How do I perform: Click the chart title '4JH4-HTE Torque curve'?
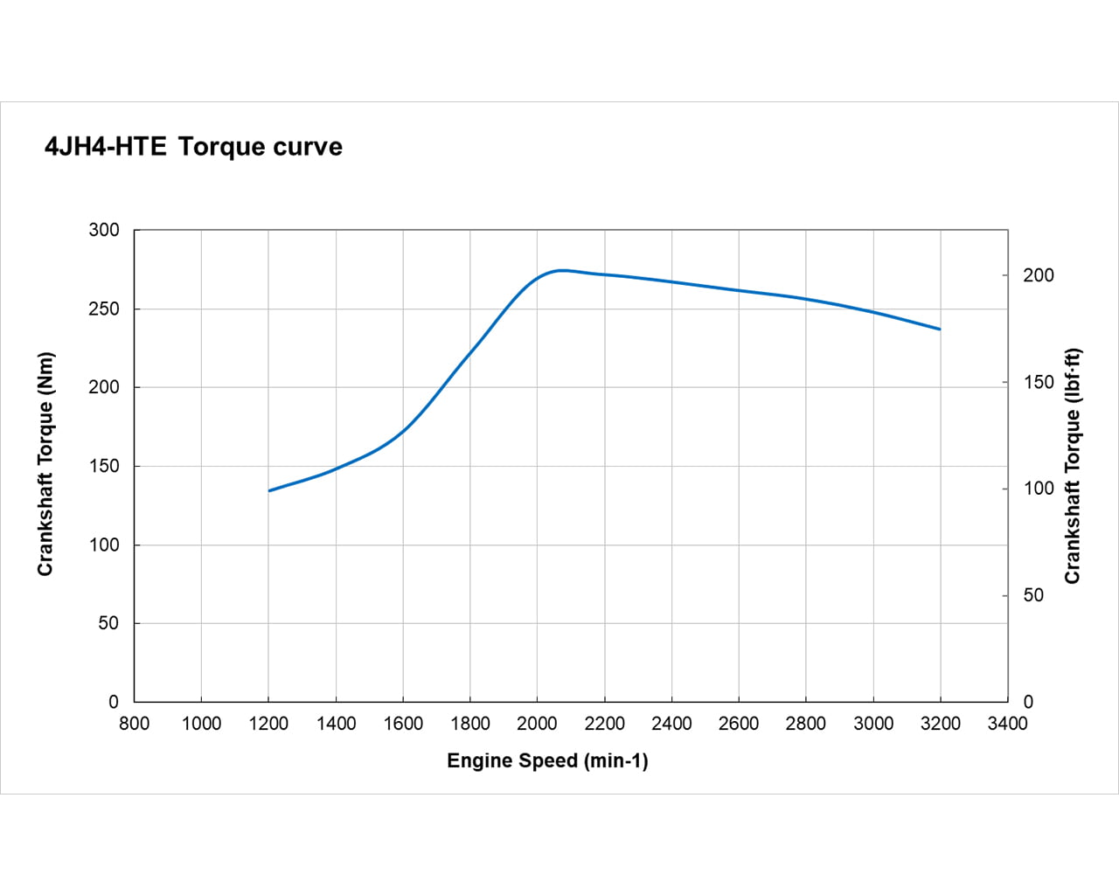pos(193,147)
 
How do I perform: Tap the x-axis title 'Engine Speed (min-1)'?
pos(547,761)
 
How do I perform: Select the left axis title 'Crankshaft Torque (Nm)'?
pos(45,464)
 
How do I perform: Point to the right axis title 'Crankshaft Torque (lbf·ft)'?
pos(1073,466)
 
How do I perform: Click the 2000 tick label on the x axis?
pos(537,724)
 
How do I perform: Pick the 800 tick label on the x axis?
pos(134,724)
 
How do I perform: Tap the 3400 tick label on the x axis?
pos(1007,724)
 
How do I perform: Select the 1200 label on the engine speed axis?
pos(268,724)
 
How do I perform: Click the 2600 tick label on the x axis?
pos(739,724)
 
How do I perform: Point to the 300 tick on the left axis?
pos(104,230)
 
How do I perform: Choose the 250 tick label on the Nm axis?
pos(104,309)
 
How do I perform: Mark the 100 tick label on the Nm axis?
pos(104,545)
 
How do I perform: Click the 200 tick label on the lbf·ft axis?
pos(1039,275)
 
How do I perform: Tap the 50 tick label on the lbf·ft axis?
pos(1033,595)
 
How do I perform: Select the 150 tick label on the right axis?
pos(1039,382)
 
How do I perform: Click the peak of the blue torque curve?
pos(561,270)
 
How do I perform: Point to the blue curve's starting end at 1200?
pos(269,490)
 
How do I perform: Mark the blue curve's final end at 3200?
pos(940,330)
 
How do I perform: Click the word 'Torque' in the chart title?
pos(222,147)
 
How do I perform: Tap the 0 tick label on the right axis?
pos(1028,702)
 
